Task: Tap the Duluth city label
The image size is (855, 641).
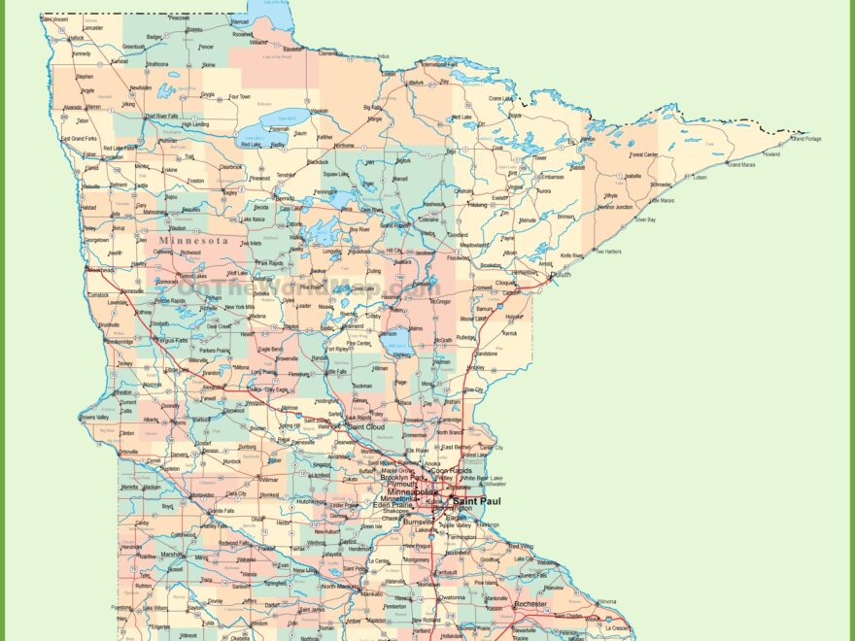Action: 561,276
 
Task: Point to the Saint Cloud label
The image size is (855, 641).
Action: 367,426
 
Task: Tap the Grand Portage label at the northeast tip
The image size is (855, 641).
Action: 805,139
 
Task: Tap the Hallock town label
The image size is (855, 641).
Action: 77,38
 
